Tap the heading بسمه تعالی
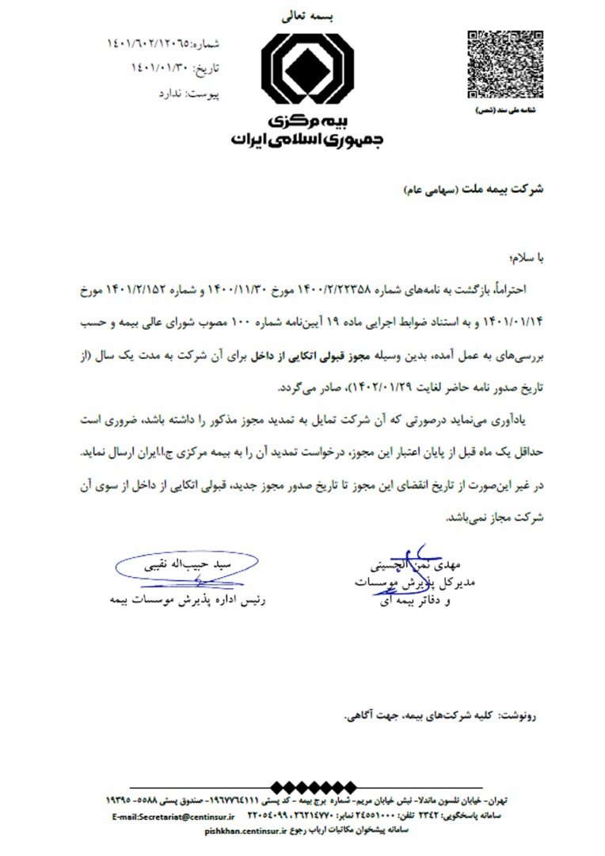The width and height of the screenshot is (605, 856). [x=304, y=14]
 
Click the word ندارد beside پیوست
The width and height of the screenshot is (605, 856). [x=173, y=94]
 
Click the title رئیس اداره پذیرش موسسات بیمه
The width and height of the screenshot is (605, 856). [x=187, y=599]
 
